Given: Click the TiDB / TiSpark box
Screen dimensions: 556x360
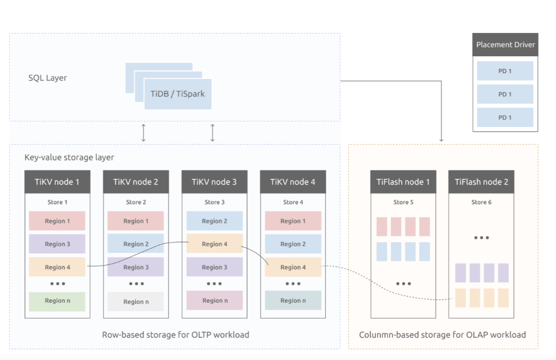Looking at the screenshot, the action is (178, 94).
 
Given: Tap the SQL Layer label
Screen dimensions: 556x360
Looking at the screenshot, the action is (48, 78).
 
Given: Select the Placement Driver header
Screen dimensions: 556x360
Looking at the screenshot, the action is (505, 45).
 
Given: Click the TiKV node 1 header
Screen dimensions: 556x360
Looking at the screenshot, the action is (57, 182).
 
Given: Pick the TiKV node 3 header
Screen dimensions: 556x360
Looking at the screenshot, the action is (214, 182).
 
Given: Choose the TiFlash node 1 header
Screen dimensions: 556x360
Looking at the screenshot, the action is (403, 182).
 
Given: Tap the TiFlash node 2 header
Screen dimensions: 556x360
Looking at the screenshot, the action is (481, 182).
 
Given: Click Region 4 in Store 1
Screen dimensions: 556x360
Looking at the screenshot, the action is (57, 267).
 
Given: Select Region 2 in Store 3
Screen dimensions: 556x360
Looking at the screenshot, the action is (215, 221).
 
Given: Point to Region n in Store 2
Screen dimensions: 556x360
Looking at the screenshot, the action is (136, 302).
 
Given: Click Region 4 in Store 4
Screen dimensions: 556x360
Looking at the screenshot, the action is (293, 267).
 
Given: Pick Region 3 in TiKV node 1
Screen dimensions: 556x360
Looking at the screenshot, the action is (57, 244).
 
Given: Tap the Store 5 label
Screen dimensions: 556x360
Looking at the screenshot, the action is (403, 202).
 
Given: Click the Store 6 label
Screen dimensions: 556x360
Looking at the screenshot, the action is (481, 202).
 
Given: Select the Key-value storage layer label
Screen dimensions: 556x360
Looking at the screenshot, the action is (69, 157).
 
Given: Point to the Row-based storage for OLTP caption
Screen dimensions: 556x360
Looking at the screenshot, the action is (176, 335).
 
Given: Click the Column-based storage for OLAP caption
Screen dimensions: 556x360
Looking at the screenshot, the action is (442, 335).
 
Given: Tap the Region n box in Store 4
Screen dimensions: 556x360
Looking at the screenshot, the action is (293, 301).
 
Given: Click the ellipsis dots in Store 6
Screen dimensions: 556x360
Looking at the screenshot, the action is (481, 238).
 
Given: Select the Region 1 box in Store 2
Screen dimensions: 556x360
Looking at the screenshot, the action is (136, 221).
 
